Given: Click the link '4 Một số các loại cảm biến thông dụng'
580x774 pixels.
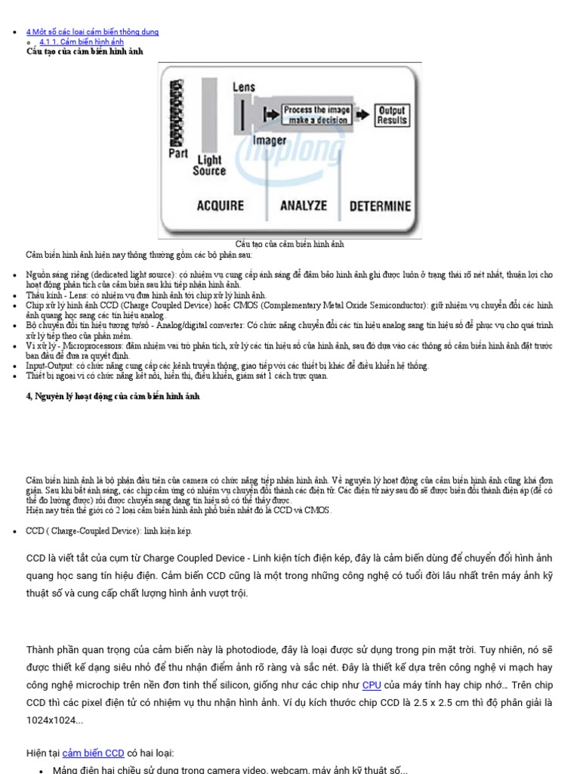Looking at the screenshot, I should [x=92, y=32].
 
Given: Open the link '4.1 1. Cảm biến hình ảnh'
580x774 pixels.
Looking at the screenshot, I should [x=81, y=42].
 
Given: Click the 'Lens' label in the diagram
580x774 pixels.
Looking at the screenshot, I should [x=243, y=87].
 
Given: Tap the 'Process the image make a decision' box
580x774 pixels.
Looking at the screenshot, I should [x=316, y=115].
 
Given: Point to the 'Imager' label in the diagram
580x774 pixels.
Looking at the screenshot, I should [x=269, y=141].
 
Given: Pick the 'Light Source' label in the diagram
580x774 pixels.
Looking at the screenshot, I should [x=209, y=166].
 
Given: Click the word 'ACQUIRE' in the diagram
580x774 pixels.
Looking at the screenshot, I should [x=220, y=206].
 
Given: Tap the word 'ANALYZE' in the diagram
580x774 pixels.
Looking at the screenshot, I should [x=304, y=206].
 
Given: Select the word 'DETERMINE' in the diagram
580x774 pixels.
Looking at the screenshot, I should [x=379, y=206].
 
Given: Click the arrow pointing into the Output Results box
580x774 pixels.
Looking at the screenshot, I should [x=363, y=115].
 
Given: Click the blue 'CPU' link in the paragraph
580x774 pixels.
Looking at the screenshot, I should [x=371, y=685].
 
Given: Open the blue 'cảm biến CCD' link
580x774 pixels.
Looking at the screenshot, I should [x=94, y=753].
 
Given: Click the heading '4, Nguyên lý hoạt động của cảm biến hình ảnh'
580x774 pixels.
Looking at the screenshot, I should [x=113, y=396].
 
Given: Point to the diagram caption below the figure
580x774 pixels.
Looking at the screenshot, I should [x=290, y=244].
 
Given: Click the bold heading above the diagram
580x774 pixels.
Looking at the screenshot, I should [x=85, y=51].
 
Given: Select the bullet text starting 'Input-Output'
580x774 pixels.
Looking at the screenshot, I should [x=227, y=366].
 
